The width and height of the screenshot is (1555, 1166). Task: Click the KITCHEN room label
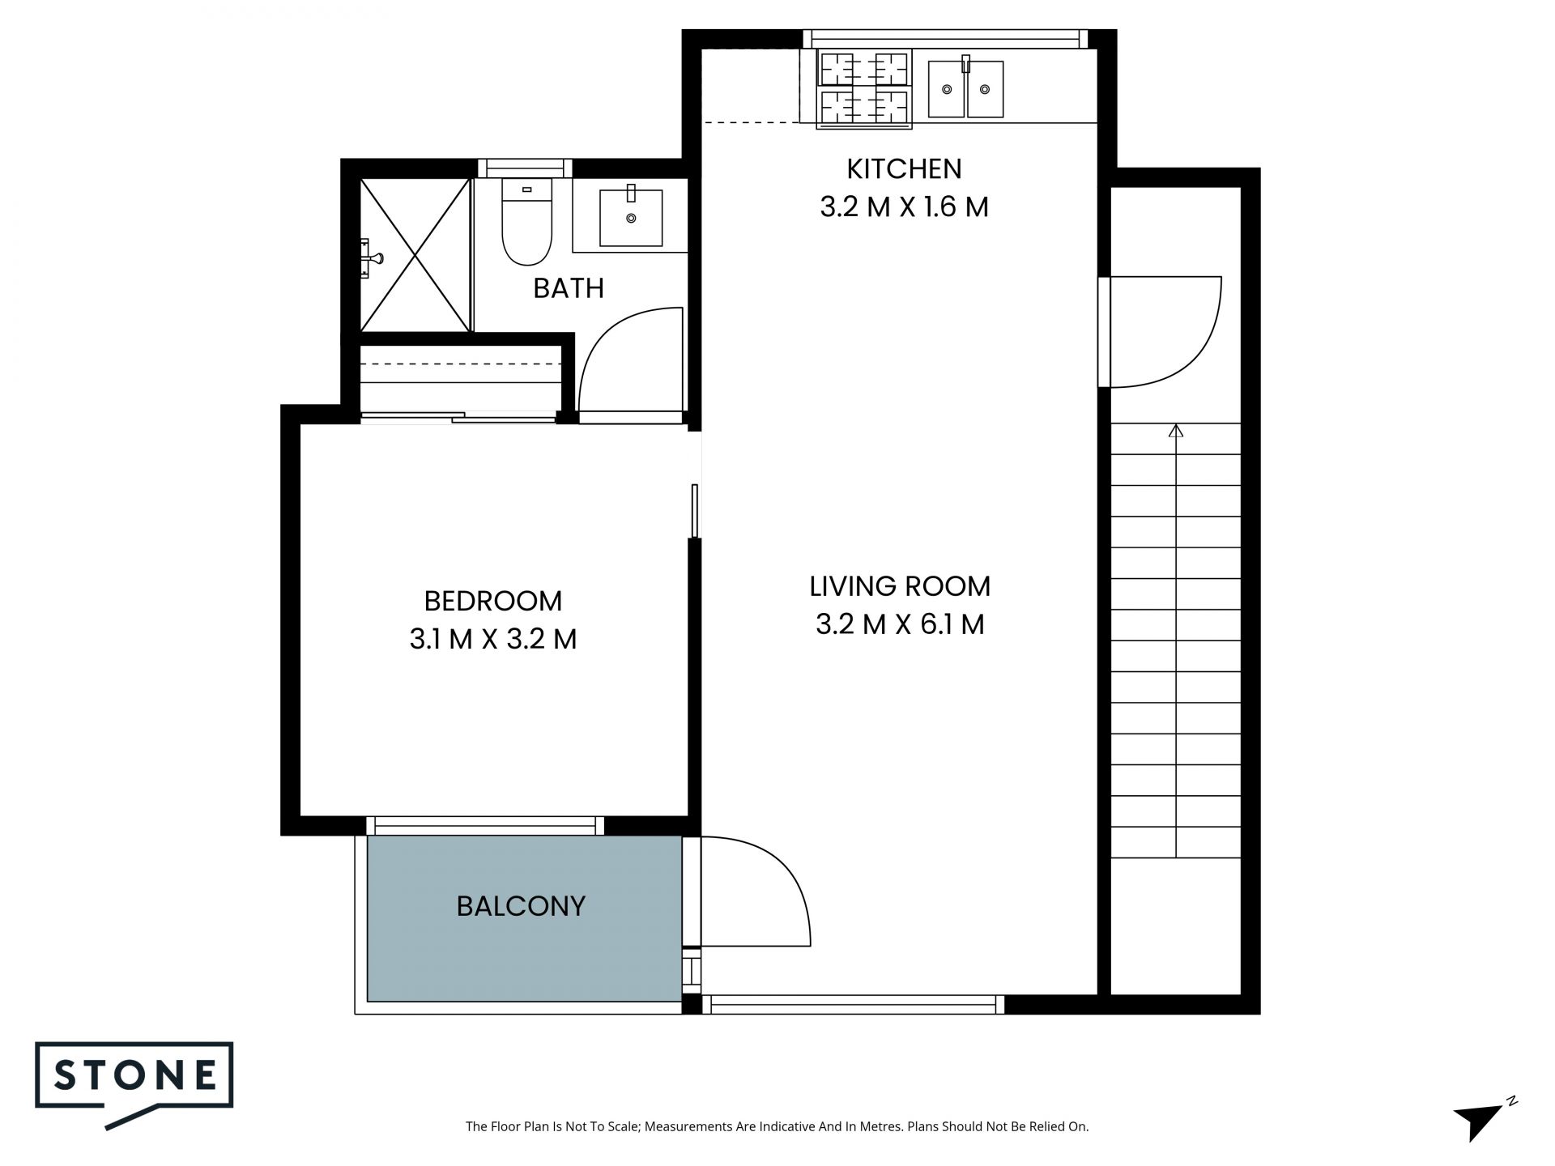(904, 169)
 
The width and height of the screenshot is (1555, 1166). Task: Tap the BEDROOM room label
(492, 601)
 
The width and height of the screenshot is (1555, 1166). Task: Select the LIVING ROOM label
(900, 586)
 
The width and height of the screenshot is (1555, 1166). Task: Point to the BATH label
(569, 288)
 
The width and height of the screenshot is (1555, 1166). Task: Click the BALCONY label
(521, 906)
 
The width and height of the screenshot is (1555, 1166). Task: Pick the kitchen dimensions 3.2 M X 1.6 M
(904, 207)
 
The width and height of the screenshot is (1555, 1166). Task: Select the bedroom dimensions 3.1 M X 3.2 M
(492, 640)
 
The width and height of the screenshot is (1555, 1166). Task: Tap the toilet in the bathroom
(526, 221)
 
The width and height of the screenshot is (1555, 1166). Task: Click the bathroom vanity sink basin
(631, 218)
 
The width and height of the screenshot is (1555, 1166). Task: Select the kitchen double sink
(965, 89)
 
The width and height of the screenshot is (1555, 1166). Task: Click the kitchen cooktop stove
(864, 88)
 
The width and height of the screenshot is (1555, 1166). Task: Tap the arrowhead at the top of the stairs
(1176, 431)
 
